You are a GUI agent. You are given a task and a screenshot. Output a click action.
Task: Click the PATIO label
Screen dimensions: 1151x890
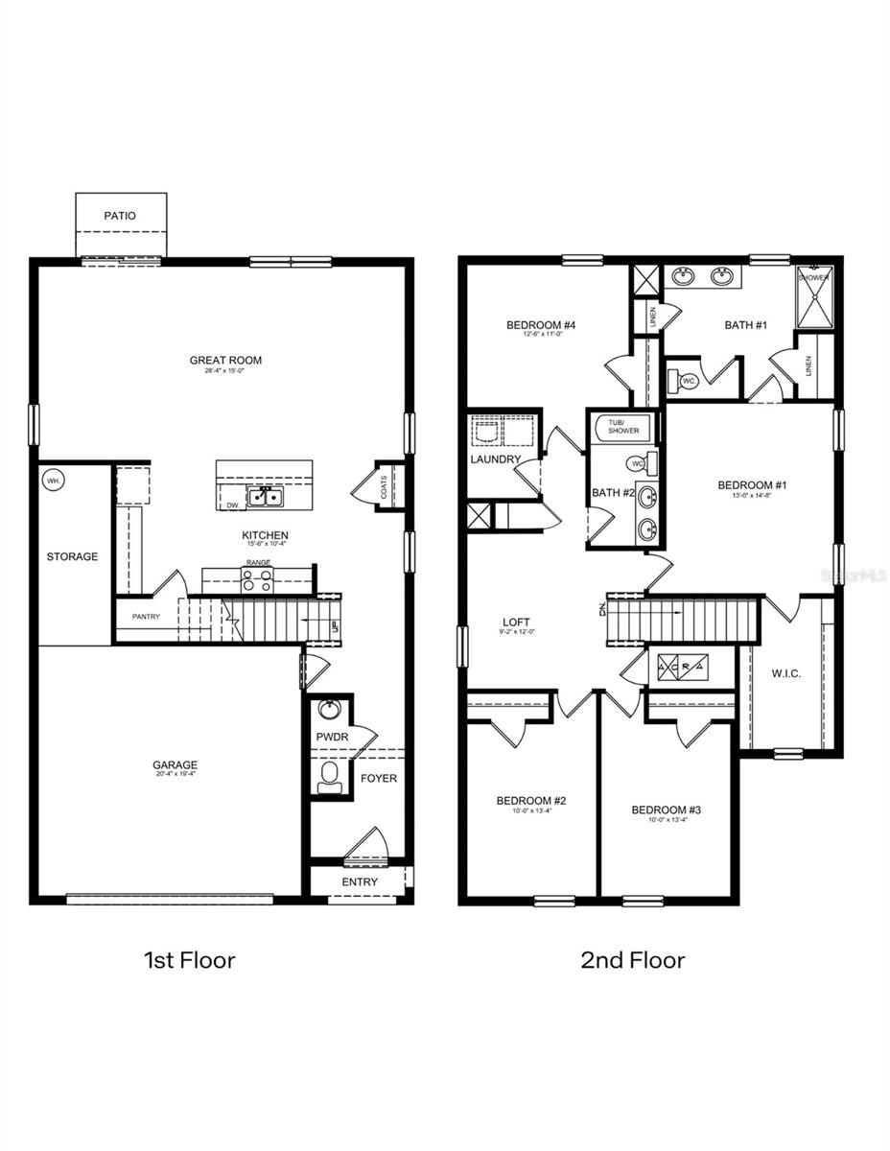pyautogui.click(x=120, y=216)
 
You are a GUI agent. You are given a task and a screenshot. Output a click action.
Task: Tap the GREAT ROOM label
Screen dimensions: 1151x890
pyautogui.click(x=225, y=361)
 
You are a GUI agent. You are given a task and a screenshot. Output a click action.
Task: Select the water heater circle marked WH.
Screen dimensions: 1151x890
pyautogui.click(x=53, y=482)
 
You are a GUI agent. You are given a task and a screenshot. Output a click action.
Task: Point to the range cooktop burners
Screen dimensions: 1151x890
pyautogui.click(x=256, y=579)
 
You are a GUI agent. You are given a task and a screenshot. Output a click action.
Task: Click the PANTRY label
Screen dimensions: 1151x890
pyautogui.click(x=146, y=617)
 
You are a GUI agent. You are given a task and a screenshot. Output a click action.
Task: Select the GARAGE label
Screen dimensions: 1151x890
pyautogui.click(x=175, y=765)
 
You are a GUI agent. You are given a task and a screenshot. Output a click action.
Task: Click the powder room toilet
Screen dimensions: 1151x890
pyautogui.click(x=329, y=776)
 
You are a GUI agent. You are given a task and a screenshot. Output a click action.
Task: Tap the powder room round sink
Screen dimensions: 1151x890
pyautogui.click(x=330, y=711)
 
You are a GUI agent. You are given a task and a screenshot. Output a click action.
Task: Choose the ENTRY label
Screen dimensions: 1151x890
pyautogui.click(x=360, y=881)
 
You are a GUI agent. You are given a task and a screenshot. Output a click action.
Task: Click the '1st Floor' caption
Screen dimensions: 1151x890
pyautogui.click(x=189, y=959)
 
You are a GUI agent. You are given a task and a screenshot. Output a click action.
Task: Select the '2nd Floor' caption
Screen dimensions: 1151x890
pyautogui.click(x=633, y=959)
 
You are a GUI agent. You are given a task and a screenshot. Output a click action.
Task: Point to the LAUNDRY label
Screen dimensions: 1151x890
pyautogui.click(x=496, y=459)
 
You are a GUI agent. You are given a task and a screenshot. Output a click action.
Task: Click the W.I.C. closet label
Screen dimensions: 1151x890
pyautogui.click(x=786, y=673)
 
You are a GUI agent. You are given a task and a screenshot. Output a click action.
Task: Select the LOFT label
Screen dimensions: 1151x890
pyautogui.click(x=516, y=622)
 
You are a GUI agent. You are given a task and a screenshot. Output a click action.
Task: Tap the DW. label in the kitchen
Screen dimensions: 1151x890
pyautogui.click(x=233, y=505)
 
